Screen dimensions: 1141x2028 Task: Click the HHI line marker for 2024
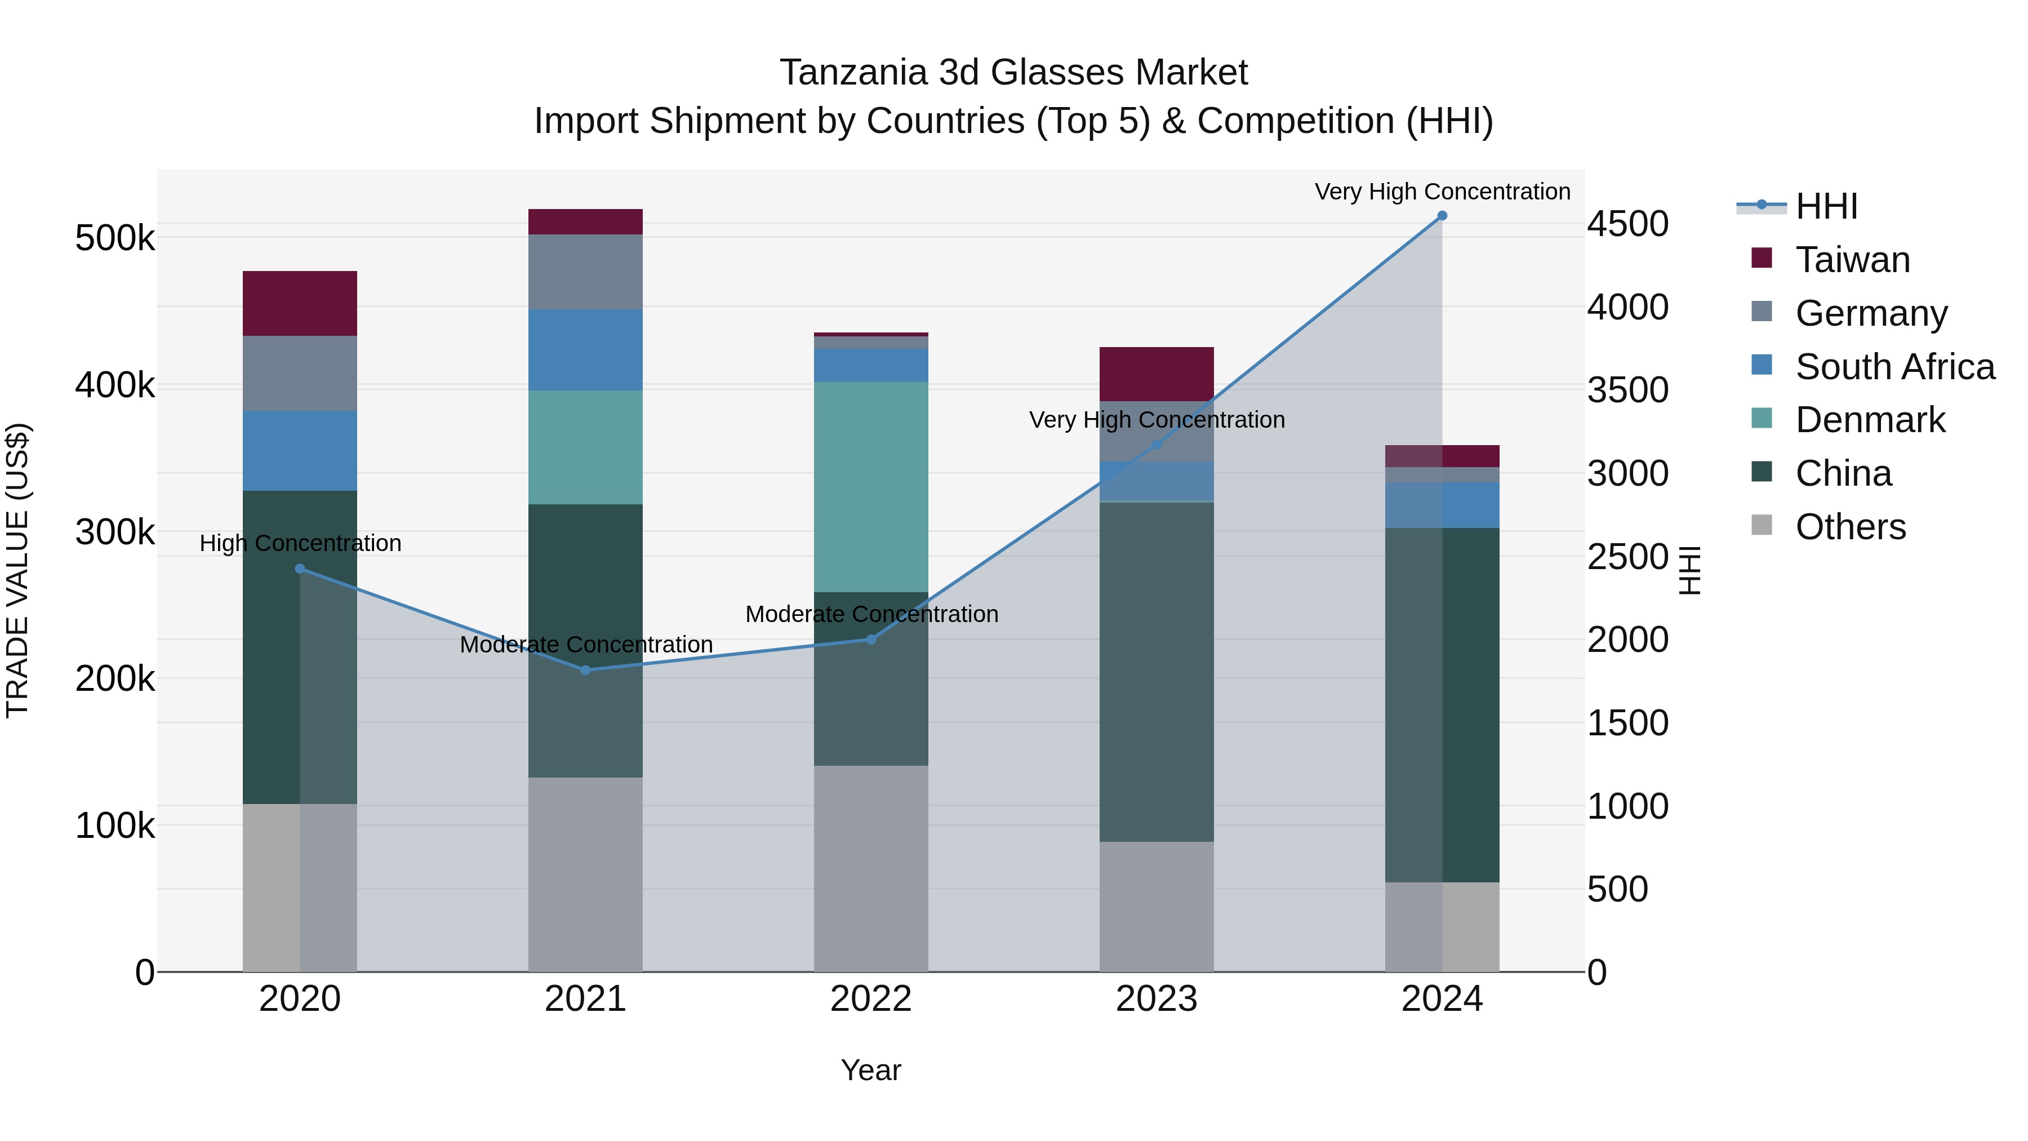1442,216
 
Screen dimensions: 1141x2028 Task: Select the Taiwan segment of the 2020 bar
299,303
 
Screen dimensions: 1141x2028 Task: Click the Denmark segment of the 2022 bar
871,487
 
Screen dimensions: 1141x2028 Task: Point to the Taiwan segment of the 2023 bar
1156,374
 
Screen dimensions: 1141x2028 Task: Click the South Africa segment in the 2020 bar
299,450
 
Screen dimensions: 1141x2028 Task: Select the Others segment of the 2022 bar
871,868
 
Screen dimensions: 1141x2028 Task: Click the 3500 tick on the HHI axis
1626,390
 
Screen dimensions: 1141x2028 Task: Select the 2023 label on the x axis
1156,999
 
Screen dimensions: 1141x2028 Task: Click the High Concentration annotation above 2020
300,543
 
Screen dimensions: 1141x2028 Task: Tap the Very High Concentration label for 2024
1442,192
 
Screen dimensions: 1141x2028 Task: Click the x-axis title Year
871,1070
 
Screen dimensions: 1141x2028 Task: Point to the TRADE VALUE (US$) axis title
17,570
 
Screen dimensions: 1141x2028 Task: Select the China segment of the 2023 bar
1156,671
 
